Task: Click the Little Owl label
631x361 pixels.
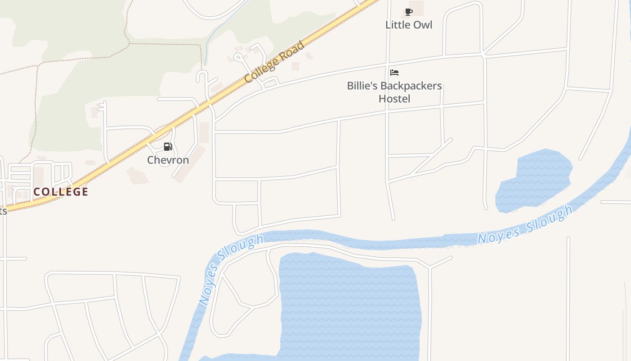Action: click(x=408, y=25)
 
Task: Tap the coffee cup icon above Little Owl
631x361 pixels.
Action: click(x=408, y=12)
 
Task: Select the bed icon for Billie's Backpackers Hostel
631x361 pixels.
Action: click(x=394, y=72)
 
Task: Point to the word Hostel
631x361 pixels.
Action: click(x=394, y=98)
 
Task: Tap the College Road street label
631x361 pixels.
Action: click(x=274, y=62)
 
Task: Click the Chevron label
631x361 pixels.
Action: click(x=168, y=160)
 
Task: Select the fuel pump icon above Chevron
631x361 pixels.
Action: click(x=168, y=146)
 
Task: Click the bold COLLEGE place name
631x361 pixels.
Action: click(x=61, y=191)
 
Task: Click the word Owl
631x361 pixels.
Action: click(x=423, y=25)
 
